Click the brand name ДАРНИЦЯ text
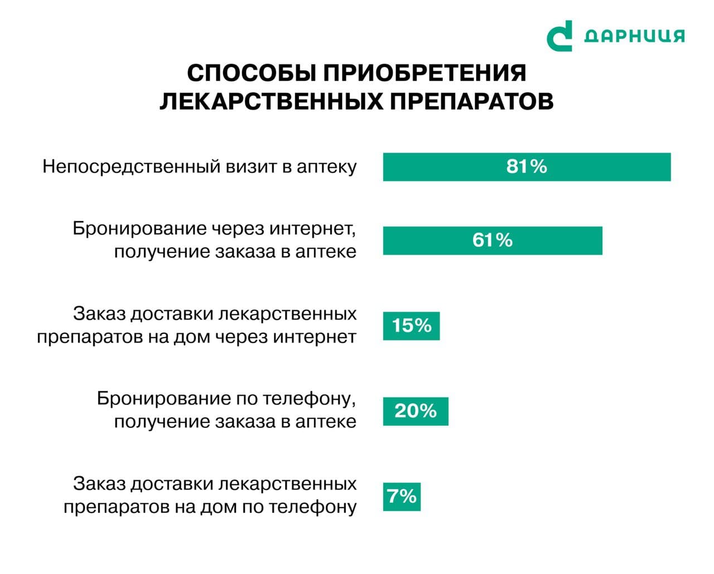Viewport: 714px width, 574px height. tap(634, 36)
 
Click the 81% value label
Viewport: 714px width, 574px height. tap(527, 167)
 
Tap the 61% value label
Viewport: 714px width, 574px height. tap(492, 240)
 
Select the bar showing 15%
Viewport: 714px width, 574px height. tap(411, 325)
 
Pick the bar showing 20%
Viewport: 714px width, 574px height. tap(416, 411)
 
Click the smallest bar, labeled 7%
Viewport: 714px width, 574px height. tap(402, 496)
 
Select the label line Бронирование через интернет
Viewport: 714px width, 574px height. tap(214, 229)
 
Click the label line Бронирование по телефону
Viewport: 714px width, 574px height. tap(226, 398)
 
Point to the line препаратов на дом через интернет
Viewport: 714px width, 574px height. tap(196, 337)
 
